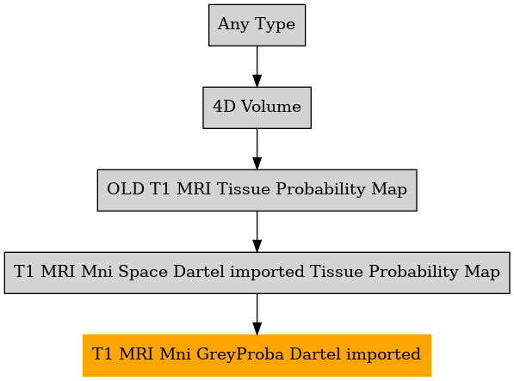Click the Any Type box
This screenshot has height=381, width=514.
tap(257, 25)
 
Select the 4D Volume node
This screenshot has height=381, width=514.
tap(257, 108)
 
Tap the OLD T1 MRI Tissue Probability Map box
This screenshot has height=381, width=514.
tap(257, 190)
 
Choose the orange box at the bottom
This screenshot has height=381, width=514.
tap(257, 355)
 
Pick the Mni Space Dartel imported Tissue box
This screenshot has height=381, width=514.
tap(257, 273)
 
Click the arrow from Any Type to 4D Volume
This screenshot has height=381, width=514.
tap(257, 66)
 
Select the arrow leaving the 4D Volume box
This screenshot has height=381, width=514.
tap(257, 149)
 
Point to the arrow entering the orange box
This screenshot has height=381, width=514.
tap(257, 314)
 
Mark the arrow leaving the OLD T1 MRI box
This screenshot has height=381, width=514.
tap(257, 231)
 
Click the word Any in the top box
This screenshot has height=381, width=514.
tap(233, 25)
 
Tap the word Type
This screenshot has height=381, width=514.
tap(275, 25)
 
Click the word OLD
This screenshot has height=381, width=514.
tap(126, 189)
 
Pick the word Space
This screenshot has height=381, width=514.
tap(143, 273)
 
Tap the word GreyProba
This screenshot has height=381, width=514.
tap(240, 355)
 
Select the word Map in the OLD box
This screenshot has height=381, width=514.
tap(389, 190)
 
